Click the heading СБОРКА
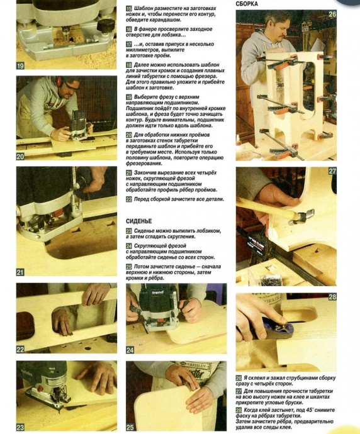click(247, 4)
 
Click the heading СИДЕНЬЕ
click(138, 221)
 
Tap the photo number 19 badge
click(20, 66)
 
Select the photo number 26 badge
click(332, 14)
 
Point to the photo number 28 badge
click(332, 297)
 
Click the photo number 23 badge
click(20, 427)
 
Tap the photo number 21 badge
click(20, 272)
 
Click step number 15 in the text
click(129, 9)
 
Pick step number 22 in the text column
click(129, 199)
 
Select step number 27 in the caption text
click(239, 391)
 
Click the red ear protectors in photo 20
click(59, 81)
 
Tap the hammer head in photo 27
click(301, 216)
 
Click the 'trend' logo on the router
click(157, 292)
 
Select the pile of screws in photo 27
click(269, 280)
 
